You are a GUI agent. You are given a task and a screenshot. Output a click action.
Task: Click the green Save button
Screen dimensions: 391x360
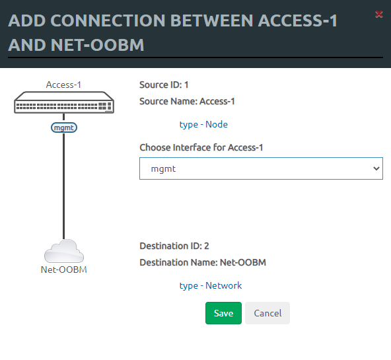(x=223, y=313)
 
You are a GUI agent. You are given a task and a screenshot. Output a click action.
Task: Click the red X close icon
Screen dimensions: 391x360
(x=379, y=15)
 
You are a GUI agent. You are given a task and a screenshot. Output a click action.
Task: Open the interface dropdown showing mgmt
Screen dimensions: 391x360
(x=261, y=168)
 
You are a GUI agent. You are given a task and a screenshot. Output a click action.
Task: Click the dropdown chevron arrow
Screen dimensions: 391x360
(x=376, y=168)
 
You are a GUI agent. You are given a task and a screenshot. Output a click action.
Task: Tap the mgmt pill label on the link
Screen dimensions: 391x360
(x=64, y=127)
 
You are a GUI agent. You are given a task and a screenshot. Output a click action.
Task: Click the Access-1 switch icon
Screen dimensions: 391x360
(x=64, y=102)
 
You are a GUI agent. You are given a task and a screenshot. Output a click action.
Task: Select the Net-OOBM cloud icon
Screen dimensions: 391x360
(x=64, y=251)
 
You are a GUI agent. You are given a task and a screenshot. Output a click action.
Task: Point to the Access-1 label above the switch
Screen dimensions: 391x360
(x=63, y=85)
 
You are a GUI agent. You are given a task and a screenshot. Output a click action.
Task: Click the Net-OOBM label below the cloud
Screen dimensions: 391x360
(x=64, y=270)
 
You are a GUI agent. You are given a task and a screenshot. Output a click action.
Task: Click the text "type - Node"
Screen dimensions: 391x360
(x=203, y=124)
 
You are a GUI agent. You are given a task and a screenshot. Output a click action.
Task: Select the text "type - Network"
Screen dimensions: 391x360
(x=211, y=285)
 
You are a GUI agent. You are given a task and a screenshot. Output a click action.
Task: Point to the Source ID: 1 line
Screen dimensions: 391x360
(x=164, y=85)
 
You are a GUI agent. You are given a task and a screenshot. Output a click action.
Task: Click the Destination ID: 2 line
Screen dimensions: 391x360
(x=174, y=246)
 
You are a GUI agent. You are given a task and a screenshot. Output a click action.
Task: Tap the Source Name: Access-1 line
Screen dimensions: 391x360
(x=187, y=101)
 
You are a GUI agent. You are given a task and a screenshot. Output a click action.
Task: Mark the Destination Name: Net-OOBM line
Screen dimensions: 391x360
(x=203, y=262)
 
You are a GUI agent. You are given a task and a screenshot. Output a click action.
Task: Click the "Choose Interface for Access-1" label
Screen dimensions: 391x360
(x=201, y=147)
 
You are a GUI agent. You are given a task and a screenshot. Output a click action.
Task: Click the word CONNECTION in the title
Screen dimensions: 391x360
(x=108, y=20)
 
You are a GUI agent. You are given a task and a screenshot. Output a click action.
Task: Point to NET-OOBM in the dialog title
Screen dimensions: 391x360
(x=97, y=45)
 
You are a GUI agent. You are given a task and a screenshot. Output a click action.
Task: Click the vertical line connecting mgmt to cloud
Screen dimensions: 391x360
(x=64, y=186)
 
